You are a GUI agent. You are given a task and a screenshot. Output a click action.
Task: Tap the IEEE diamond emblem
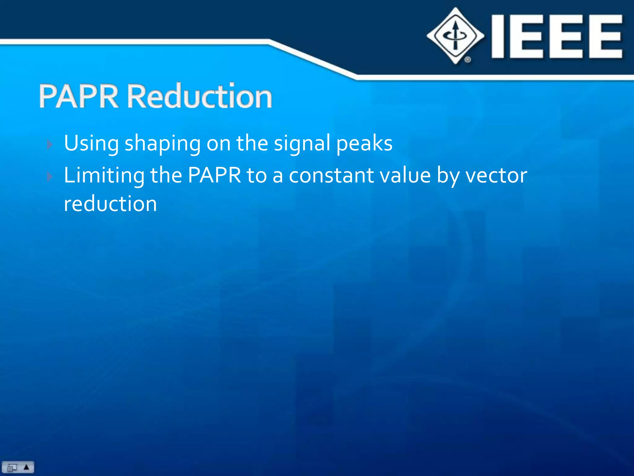tap(455, 36)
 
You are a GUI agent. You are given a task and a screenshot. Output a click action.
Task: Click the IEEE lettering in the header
tap(557, 37)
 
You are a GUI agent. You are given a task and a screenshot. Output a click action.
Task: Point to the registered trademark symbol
tap(467, 59)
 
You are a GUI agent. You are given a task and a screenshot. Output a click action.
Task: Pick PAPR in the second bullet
tap(214, 175)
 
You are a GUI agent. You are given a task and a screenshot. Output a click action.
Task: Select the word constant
tap(332, 175)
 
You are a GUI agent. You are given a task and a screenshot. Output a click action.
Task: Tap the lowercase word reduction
tap(110, 204)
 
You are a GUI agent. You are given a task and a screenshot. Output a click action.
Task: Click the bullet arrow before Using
tap(50, 144)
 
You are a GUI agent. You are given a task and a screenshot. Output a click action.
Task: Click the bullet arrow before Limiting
tap(50, 177)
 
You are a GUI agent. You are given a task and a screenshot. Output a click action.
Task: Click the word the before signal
tap(252, 143)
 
